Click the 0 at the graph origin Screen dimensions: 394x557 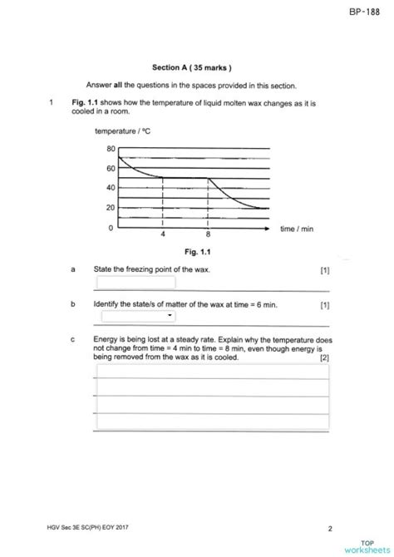(x=111, y=227)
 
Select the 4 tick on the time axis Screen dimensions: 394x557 (x=163, y=235)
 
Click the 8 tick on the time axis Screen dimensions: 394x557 (x=208, y=235)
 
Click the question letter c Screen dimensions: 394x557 (x=73, y=340)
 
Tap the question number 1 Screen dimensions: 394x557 (x=52, y=103)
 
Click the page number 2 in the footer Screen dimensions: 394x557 (x=330, y=528)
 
